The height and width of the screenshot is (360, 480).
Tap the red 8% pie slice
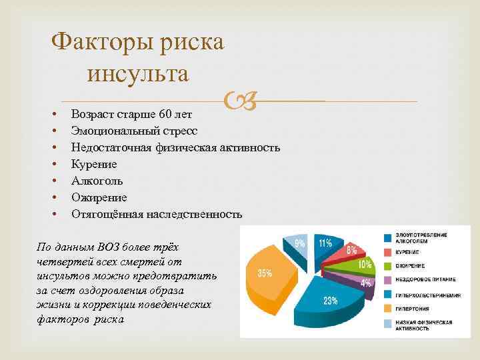(349, 251)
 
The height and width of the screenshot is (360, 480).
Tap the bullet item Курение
(94, 164)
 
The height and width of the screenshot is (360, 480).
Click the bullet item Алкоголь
(97, 181)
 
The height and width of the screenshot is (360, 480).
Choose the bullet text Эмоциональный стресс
(134, 131)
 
